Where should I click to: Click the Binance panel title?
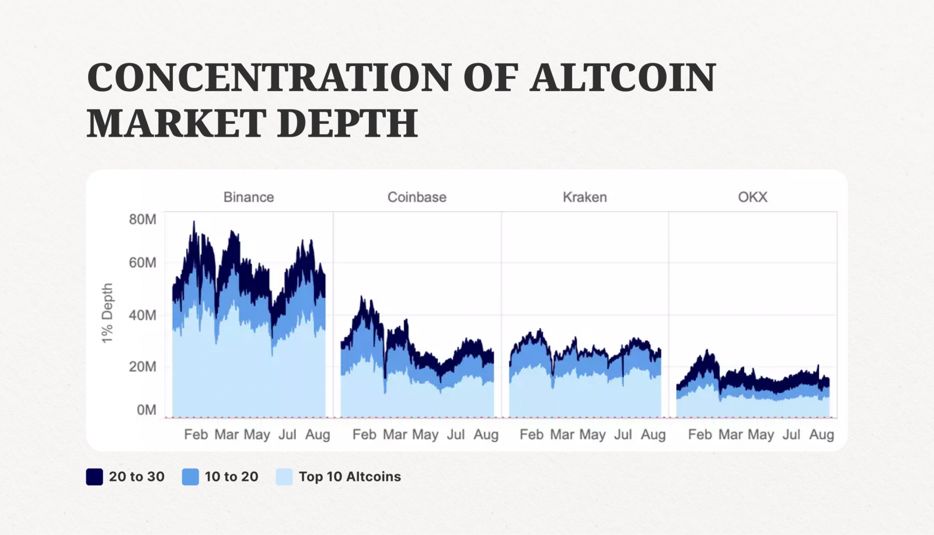pyautogui.click(x=249, y=197)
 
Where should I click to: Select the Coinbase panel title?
pyautogui.click(x=417, y=197)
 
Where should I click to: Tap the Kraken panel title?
pyautogui.click(x=585, y=197)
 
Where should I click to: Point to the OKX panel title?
pyautogui.click(x=752, y=197)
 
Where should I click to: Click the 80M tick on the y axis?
pyautogui.click(x=142, y=220)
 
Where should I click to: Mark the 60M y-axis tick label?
pyautogui.click(x=142, y=263)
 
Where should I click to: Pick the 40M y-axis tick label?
pyautogui.click(x=142, y=315)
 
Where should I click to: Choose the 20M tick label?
pyautogui.click(x=142, y=367)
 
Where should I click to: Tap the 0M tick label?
pyautogui.click(x=147, y=410)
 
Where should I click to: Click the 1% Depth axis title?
pyautogui.click(x=107, y=313)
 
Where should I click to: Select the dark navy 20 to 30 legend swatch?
pyautogui.click(x=95, y=477)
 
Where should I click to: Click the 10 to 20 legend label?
pyautogui.click(x=231, y=477)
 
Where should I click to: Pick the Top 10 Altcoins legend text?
pyautogui.click(x=350, y=477)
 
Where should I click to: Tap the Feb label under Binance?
pyautogui.click(x=196, y=435)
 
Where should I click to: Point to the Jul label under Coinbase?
pyautogui.click(x=456, y=435)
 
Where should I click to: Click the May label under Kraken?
pyautogui.click(x=592, y=435)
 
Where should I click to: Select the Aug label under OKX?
pyautogui.click(x=821, y=435)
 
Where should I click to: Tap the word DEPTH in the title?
pyautogui.click(x=347, y=123)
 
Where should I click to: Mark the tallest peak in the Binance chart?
pyautogui.click(x=194, y=223)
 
